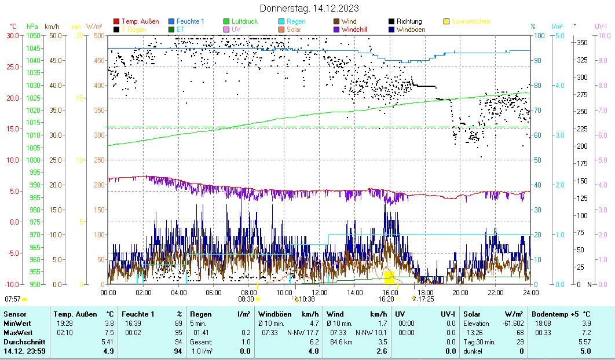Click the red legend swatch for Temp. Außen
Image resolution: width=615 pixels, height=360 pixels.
[x=116, y=21]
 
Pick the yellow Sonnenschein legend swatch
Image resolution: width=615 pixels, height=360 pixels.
[x=446, y=21]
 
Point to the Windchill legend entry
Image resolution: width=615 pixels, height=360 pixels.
[x=354, y=29]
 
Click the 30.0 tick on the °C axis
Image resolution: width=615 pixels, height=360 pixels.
[x=12, y=35]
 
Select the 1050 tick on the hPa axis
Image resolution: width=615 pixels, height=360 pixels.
[x=33, y=35]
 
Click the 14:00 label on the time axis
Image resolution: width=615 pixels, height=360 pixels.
[x=355, y=293]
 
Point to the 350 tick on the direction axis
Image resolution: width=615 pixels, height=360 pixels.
[x=582, y=43]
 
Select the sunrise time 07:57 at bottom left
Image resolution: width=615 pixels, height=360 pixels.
[x=12, y=299]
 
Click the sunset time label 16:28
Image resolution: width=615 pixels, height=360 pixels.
[x=386, y=299]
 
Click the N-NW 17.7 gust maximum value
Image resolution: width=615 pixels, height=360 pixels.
[x=303, y=332]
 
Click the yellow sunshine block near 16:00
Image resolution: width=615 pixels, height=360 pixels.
[x=389, y=276]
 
